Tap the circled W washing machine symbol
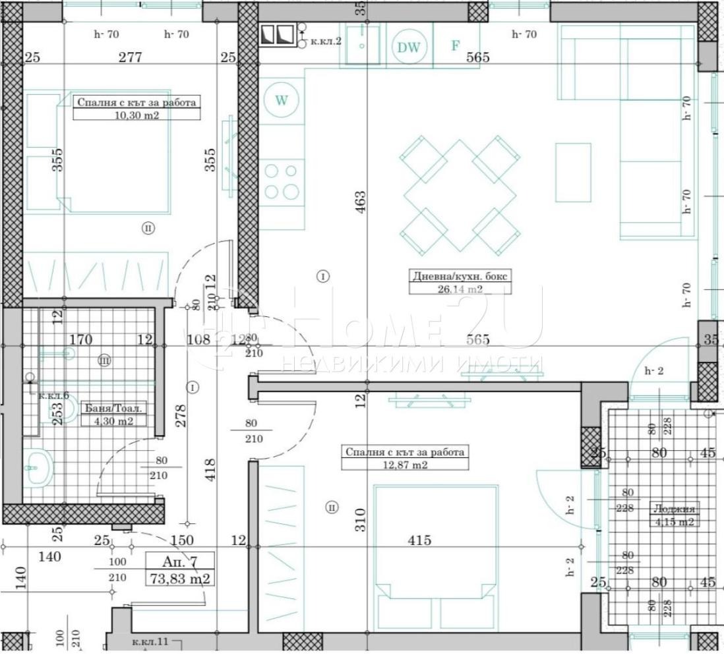tap(282, 100)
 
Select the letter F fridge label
tap(454, 45)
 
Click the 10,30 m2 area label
tap(136, 115)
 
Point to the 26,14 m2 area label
tap(460, 289)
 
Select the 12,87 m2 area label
tap(405, 465)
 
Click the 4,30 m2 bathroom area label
tap(113, 421)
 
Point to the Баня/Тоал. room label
tap(113, 408)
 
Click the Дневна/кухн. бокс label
tap(460, 276)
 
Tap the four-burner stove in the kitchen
tap(282, 182)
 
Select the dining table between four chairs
tap(460, 195)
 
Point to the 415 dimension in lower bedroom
tap(419, 540)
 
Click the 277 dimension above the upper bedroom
tap(130, 57)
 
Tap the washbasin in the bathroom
tap(38, 469)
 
